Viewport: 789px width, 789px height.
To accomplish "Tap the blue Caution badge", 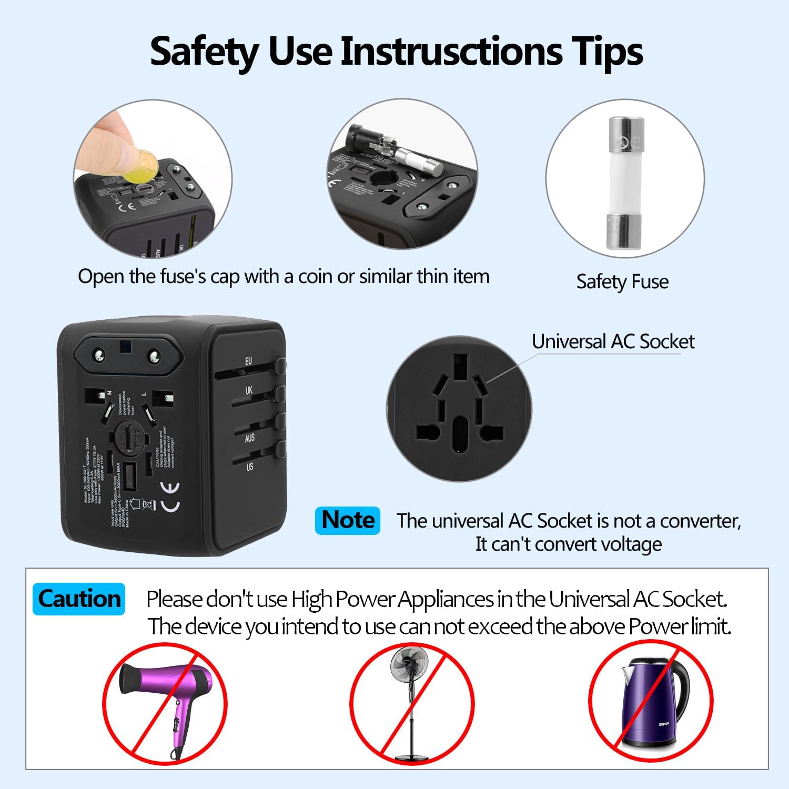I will [x=79, y=599].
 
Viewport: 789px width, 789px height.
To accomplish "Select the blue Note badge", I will [x=348, y=520].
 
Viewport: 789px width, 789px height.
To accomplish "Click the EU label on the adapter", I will [x=248, y=361].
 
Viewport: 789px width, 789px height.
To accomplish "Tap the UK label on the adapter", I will [x=249, y=390].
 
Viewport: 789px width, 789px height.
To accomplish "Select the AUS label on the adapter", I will [x=249, y=438].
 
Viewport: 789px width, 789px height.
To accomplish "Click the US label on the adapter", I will [x=249, y=467].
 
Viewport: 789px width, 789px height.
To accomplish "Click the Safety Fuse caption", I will [x=622, y=282].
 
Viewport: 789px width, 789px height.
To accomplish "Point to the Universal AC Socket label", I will [x=613, y=342].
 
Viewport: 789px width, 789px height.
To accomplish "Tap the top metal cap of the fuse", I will [x=626, y=135].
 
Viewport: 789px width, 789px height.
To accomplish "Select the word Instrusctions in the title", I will [x=451, y=52].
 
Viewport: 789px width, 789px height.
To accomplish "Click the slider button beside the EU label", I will [x=280, y=366].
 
